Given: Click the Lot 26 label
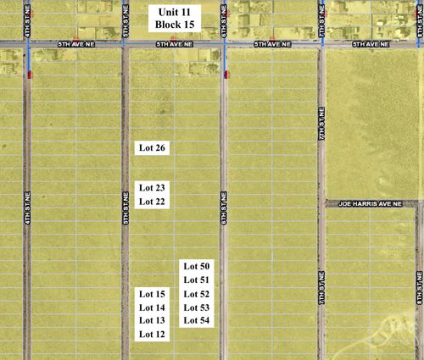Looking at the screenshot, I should click(152, 147).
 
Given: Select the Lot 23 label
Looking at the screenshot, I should click(152, 187).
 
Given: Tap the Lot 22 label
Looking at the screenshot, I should click(152, 202).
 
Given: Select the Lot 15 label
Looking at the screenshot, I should click(152, 293).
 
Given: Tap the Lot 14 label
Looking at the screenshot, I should click(152, 307).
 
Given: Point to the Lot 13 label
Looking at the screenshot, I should click(152, 320).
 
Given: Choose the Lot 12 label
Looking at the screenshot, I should click(152, 335).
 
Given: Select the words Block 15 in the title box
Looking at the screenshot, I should click(175, 27).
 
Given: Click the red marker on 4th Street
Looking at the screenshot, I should click(29, 75).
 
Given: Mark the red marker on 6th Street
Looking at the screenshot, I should click(226, 75).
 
